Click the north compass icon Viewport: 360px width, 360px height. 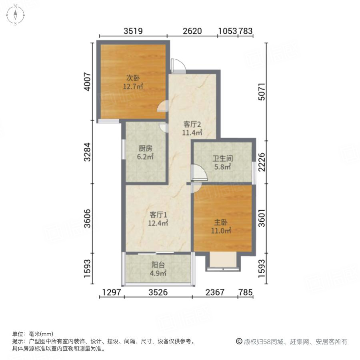(x=15, y=15)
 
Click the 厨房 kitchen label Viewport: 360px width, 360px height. (x=146, y=148)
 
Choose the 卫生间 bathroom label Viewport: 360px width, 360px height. (x=222, y=158)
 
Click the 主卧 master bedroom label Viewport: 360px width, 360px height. (x=222, y=222)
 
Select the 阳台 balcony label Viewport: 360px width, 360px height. (x=158, y=265)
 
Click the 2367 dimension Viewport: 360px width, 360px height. (x=215, y=293)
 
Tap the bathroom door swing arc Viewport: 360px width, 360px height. (x=199, y=173)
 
